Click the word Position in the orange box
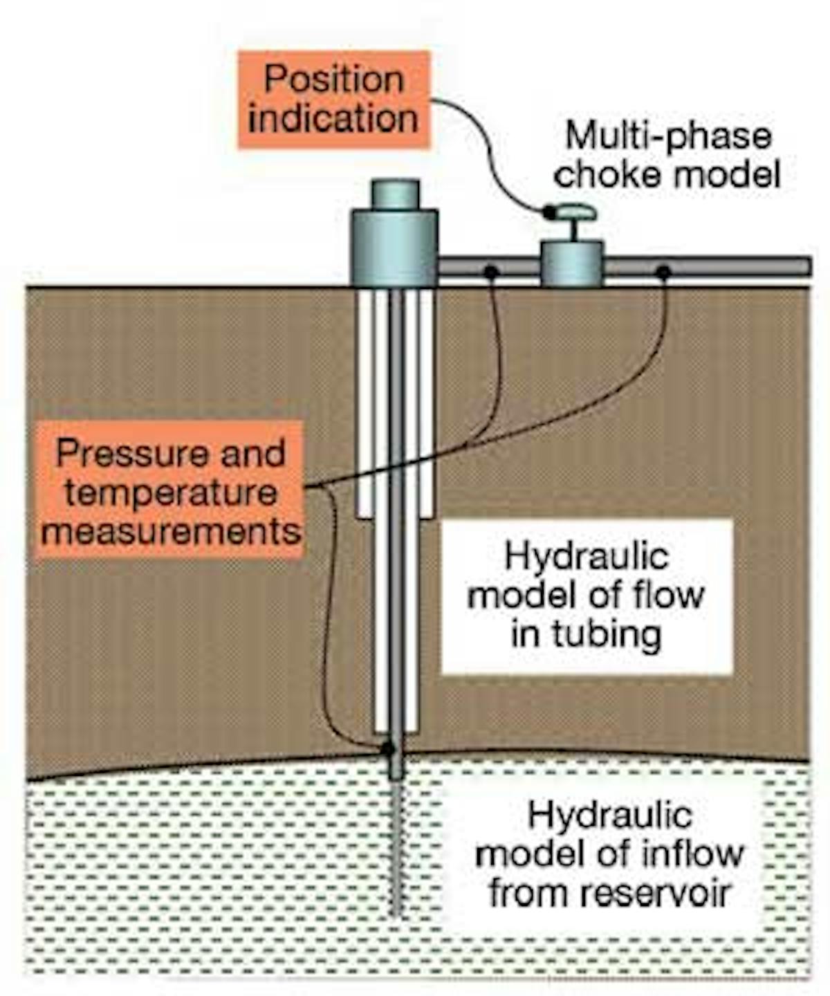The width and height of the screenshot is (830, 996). pyautogui.click(x=333, y=80)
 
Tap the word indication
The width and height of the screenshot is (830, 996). pyautogui.click(x=333, y=119)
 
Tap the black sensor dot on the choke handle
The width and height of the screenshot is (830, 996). pyautogui.click(x=548, y=212)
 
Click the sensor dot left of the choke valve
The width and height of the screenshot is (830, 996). pyautogui.click(x=490, y=271)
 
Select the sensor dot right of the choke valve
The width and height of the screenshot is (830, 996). pyautogui.click(x=663, y=272)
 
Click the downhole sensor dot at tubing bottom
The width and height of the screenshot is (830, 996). pyautogui.click(x=388, y=748)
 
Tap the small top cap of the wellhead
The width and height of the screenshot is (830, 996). pyautogui.click(x=395, y=194)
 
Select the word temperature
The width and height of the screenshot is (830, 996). pyautogui.click(x=170, y=493)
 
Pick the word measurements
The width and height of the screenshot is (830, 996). pyautogui.click(x=170, y=532)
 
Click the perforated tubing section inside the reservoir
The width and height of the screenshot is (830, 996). pyautogui.click(x=396, y=851)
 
